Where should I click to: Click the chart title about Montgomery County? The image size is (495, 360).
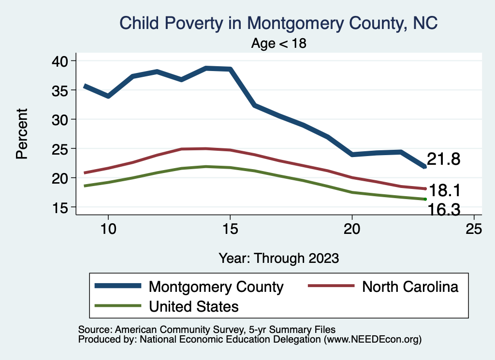click(x=278, y=23)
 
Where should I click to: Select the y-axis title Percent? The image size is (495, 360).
click(x=22, y=134)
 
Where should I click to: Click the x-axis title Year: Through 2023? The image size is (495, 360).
click(x=279, y=258)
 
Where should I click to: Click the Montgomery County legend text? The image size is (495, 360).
click(x=216, y=287)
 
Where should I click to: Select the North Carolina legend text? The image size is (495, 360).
click(x=410, y=287)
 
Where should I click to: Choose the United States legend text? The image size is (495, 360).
click(x=193, y=306)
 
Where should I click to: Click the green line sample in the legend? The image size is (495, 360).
click(x=118, y=306)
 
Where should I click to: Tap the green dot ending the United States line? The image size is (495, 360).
click(x=425, y=199)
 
